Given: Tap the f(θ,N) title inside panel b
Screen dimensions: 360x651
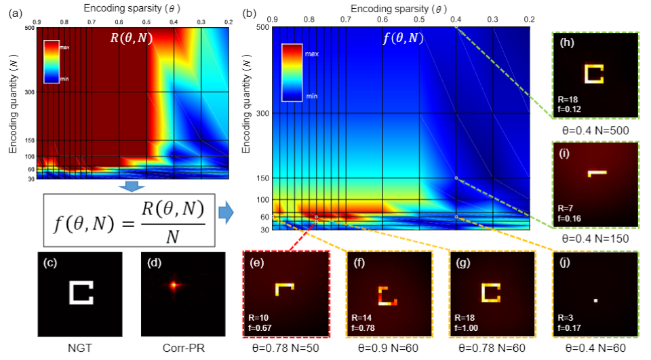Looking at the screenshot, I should point(403,38).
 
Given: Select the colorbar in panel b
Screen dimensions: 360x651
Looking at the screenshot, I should point(291,72).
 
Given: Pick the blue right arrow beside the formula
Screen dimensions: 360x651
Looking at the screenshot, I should point(226,215).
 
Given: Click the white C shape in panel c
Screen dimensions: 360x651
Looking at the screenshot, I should point(81,291).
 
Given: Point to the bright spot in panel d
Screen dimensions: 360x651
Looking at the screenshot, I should point(174,285).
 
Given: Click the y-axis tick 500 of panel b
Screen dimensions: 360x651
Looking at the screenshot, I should point(260,28).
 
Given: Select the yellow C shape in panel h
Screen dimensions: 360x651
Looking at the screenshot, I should point(594,73).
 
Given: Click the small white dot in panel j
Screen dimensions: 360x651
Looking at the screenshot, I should point(595,299).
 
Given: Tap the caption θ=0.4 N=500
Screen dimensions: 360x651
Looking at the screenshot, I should point(595,129).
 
